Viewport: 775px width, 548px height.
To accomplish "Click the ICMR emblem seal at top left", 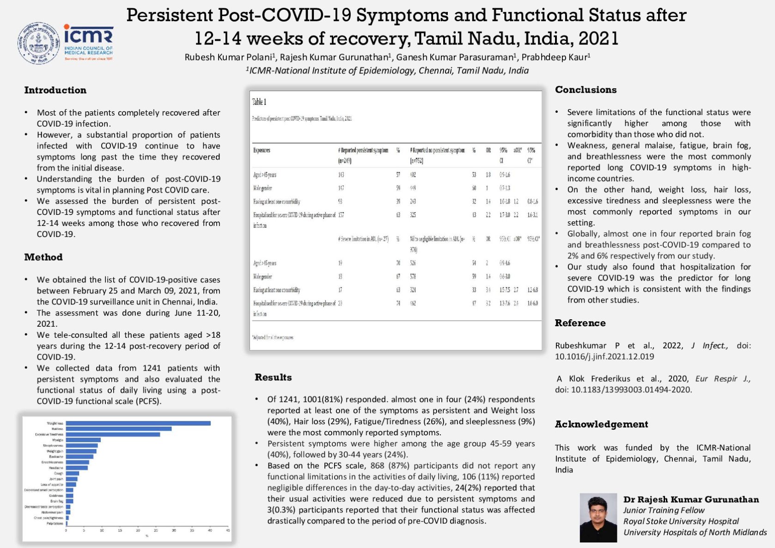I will click(39, 43).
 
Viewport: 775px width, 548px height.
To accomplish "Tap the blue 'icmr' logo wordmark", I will click(88, 34).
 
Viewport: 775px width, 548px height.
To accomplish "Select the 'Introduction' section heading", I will click(55, 90).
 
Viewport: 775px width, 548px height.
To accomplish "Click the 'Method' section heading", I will click(43, 257).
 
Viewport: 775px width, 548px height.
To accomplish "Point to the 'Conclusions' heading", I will click(586, 90).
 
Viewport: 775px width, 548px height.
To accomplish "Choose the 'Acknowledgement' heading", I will click(601, 424).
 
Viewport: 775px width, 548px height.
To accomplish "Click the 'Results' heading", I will click(273, 377).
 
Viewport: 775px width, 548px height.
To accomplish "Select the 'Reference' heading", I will click(580, 323).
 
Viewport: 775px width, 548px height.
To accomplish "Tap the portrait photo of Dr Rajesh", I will click(598, 518).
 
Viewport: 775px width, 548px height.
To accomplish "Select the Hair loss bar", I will click(118, 429).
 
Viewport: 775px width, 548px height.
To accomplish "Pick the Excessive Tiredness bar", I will click(113, 434).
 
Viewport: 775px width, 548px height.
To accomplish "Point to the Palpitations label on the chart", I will click(55, 524).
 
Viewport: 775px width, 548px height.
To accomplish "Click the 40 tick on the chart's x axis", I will click(210, 530).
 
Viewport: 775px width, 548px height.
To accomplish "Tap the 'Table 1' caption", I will click(259, 102).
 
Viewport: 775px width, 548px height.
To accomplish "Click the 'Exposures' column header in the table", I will click(262, 150).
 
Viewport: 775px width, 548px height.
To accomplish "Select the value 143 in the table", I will click(341, 175).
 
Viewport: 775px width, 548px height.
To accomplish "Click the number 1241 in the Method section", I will click(152, 368).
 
